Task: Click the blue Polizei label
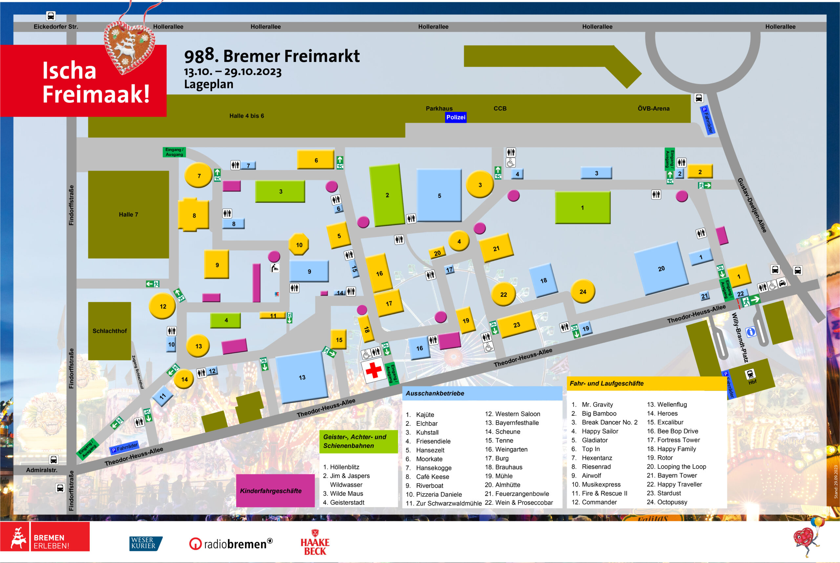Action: tap(455, 117)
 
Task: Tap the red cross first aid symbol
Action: tap(373, 370)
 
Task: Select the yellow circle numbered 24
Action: tap(582, 292)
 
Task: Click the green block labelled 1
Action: tap(582, 208)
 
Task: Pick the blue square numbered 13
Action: tap(302, 377)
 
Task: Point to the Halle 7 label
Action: tap(128, 214)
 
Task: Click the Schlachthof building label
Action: tap(110, 331)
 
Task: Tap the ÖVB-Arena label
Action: tap(653, 109)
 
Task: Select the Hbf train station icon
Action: tap(750, 374)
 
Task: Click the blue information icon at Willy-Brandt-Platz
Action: tap(750, 332)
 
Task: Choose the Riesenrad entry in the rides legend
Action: tap(596, 467)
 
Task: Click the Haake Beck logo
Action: tap(315, 543)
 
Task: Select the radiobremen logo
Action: tap(231, 544)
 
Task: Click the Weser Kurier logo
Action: tap(145, 543)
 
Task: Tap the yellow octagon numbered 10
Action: tap(299, 244)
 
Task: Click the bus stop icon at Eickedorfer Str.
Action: tap(51, 16)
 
